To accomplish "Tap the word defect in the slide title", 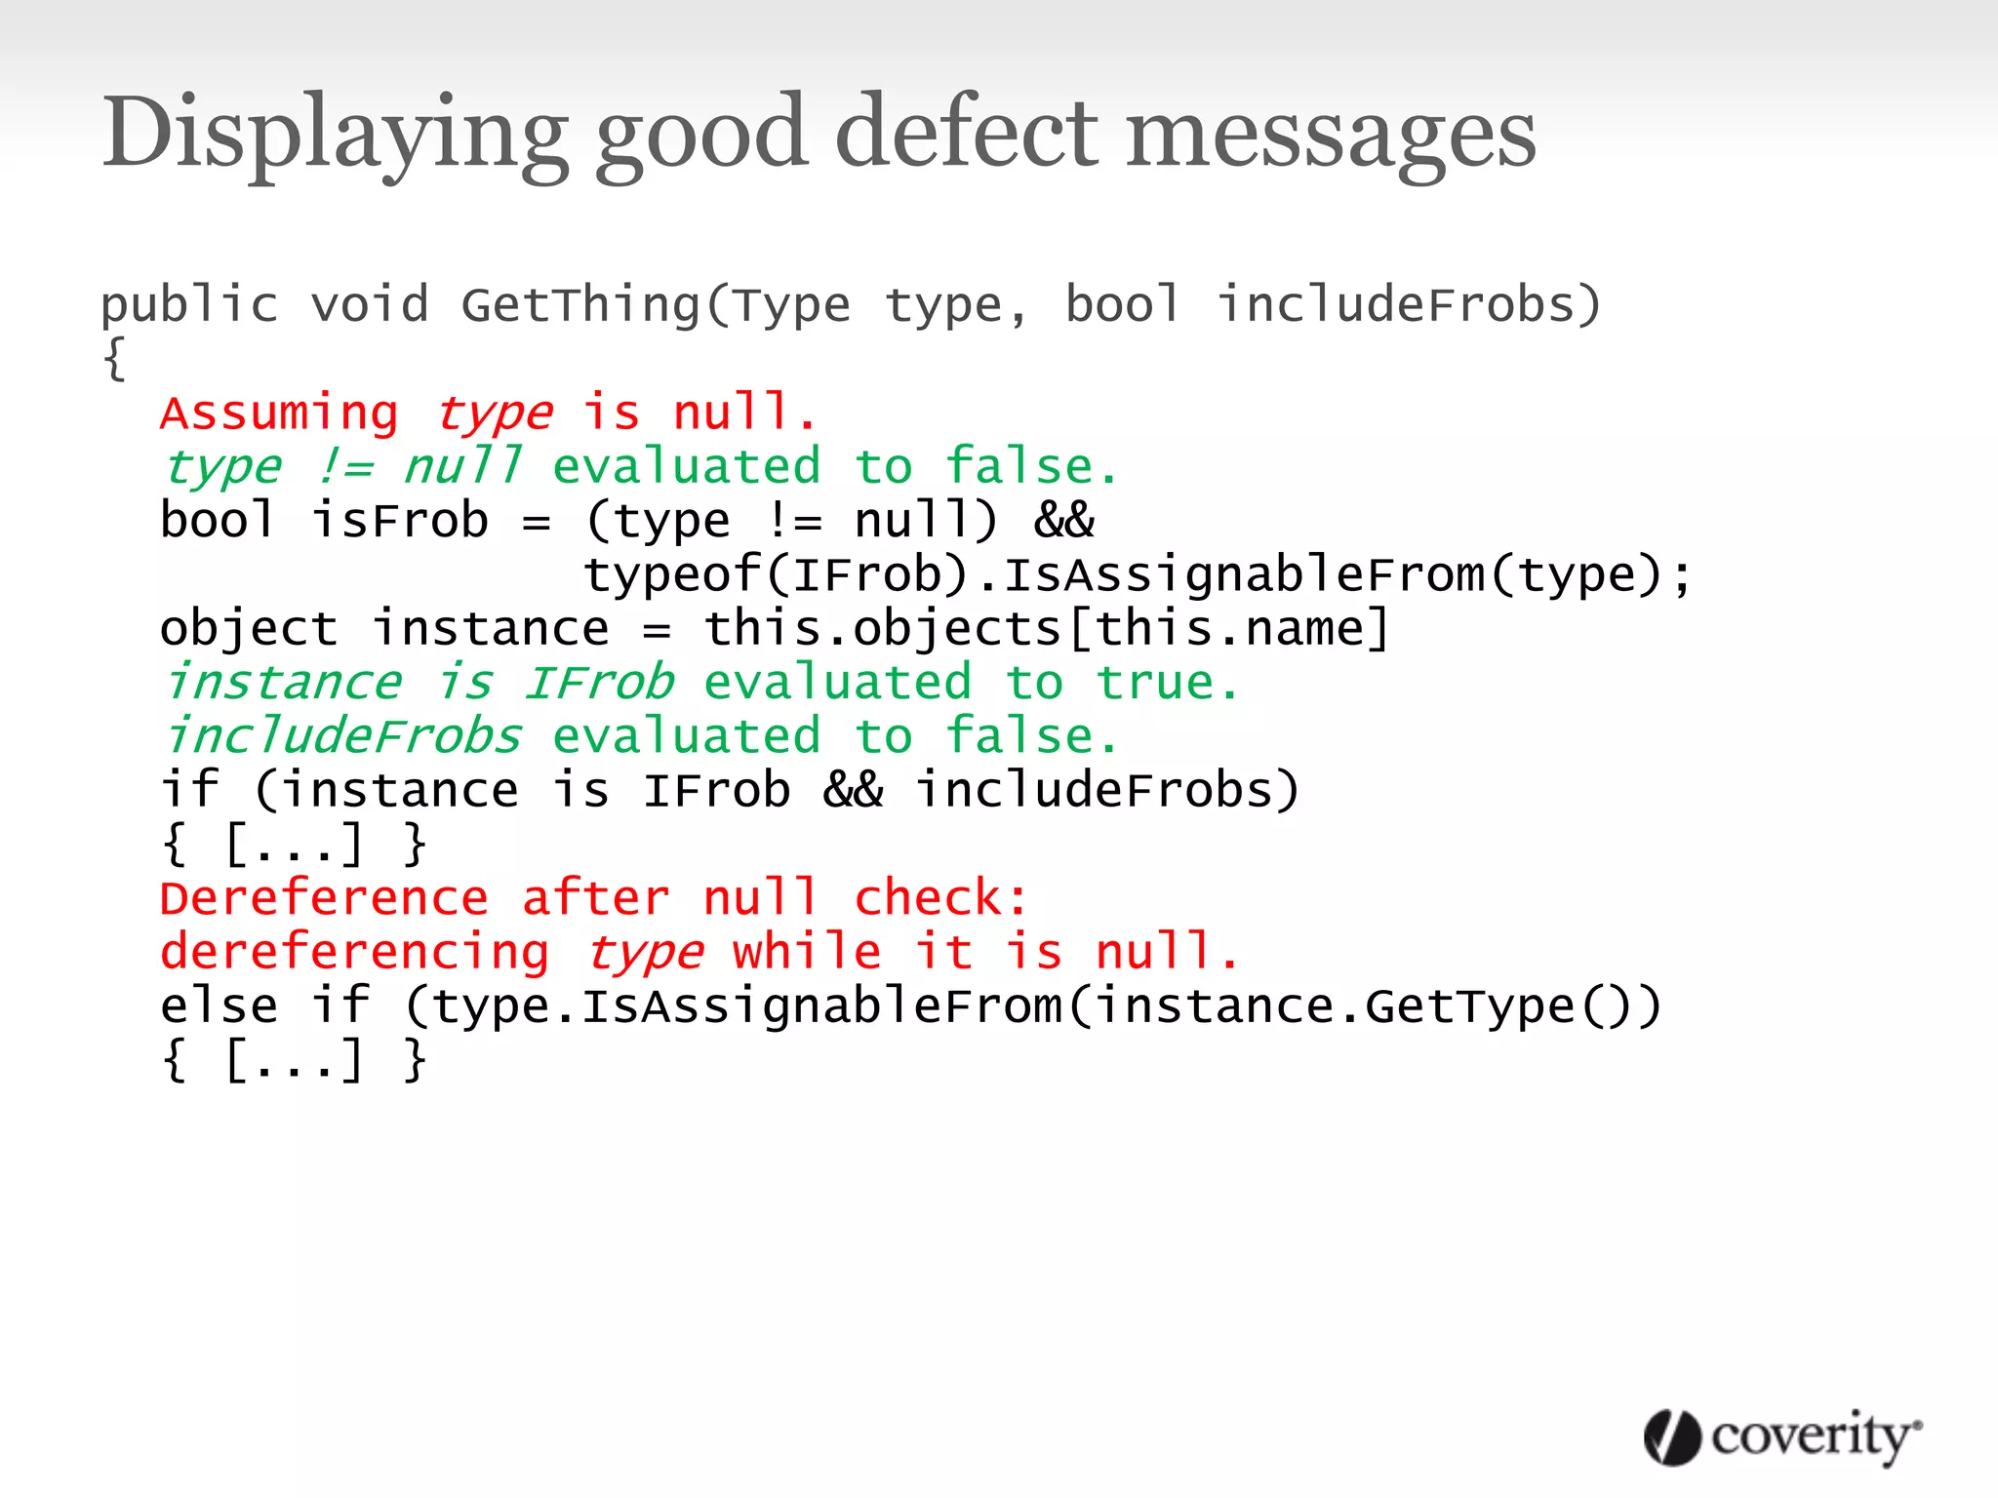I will (966, 134).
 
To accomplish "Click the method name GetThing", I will (581, 305).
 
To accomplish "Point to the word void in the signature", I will (370, 305).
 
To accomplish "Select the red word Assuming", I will (279, 414).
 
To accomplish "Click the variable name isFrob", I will (400, 521).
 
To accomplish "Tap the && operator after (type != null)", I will (1063, 521).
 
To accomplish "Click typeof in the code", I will (672, 574).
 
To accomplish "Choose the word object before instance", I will (249, 629).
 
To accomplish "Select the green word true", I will (1156, 683).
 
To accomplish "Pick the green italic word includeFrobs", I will (342, 736).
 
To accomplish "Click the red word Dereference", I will (324, 898).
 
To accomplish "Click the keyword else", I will (219, 1006).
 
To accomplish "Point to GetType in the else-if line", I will (1469, 1006).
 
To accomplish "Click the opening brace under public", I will (114, 359).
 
